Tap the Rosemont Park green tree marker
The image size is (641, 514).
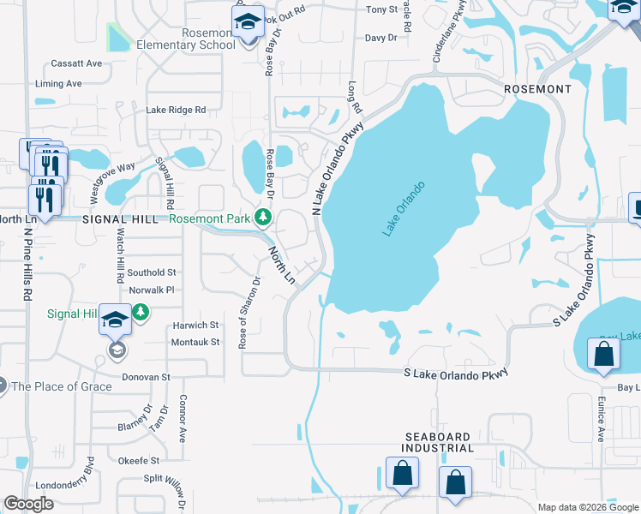(x=266, y=218)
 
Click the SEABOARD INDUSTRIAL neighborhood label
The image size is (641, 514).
(x=439, y=442)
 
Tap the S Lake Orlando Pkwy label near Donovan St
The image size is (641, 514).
(x=456, y=373)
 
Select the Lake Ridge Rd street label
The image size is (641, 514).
(x=176, y=110)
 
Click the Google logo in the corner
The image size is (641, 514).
(x=29, y=505)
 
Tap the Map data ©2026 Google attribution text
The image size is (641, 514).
(x=587, y=507)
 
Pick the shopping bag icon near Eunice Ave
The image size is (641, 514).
(x=603, y=354)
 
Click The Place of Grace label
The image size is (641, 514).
(x=61, y=386)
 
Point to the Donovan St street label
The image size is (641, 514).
(x=142, y=377)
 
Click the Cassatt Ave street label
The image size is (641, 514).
(x=76, y=63)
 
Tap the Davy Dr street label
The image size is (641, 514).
(x=380, y=38)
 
